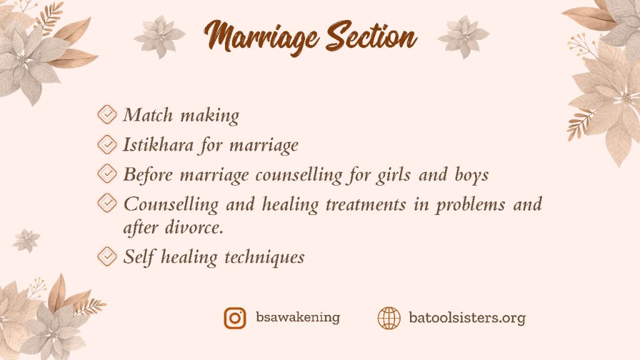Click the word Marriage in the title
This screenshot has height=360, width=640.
pyautogui.click(x=261, y=37)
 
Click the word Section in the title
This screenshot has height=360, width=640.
pyautogui.click(x=372, y=36)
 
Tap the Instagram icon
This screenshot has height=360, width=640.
pyautogui.click(x=235, y=318)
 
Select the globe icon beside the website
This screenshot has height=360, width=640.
pyautogui.click(x=389, y=318)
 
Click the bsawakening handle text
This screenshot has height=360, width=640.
pyautogui.click(x=297, y=317)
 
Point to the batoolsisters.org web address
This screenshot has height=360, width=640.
pyautogui.click(x=467, y=317)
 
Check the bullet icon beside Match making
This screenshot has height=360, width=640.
pyautogui.click(x=107, y=114)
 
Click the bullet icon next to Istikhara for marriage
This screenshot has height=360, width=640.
pyautogui.click(x=107, y=144)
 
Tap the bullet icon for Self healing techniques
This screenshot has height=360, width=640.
pyautogui.click(x=107, y=256)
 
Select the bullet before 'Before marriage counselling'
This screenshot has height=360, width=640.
pyautogui.click(x=107, y=174)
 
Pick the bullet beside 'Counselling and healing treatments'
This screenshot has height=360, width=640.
pyautogui.click(x=107, y=202)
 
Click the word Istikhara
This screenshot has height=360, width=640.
pyautogui.click(x=158, y=144)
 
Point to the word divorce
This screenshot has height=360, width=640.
pyautogui.click(x=194, y=227)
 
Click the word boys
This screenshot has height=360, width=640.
pyautogui.click(x=471, y=175)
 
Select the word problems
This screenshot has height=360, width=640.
pyautogui.click(x=470, y=204)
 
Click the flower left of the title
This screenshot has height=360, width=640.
pyautogui.click(x=159, y=37)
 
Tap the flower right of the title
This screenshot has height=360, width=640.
pyautogui.click(x=463, y=37)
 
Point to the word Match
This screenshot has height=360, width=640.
pyautogui.click(x=148, y=115)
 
